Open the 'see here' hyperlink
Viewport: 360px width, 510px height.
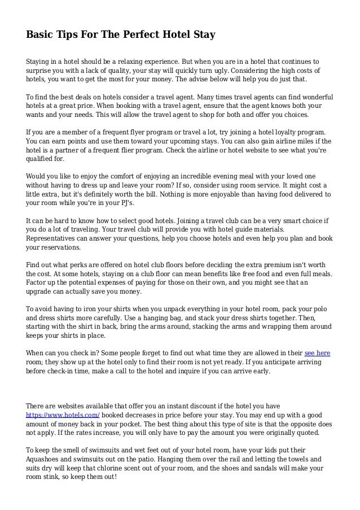pos(317,353)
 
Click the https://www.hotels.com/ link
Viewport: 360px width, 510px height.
pos(63,415)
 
